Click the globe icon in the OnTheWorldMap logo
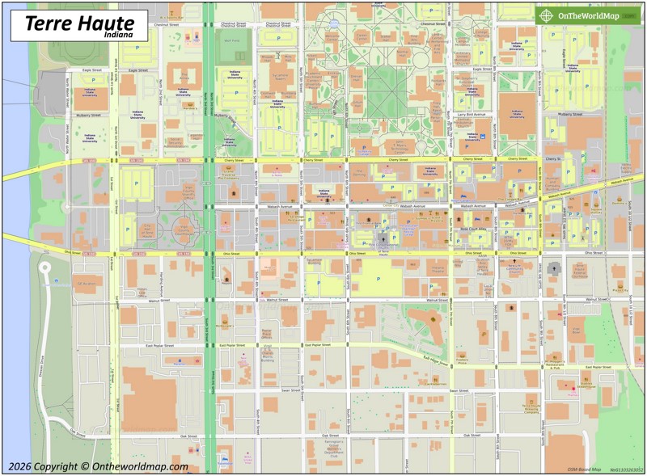548,15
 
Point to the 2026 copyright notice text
98,466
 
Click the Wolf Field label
231,40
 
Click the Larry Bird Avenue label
471,115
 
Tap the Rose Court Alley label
473,229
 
